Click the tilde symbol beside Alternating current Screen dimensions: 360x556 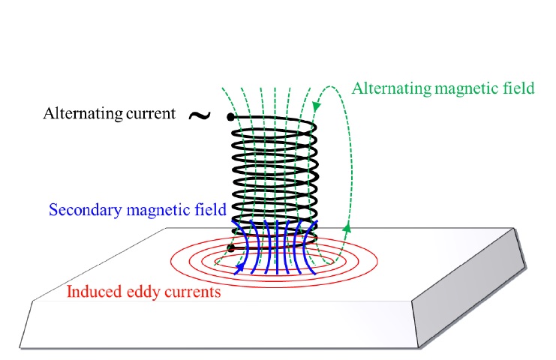pos(198,115)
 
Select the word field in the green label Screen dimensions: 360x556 pos(518,88)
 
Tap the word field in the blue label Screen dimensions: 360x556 pos(202,209)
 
